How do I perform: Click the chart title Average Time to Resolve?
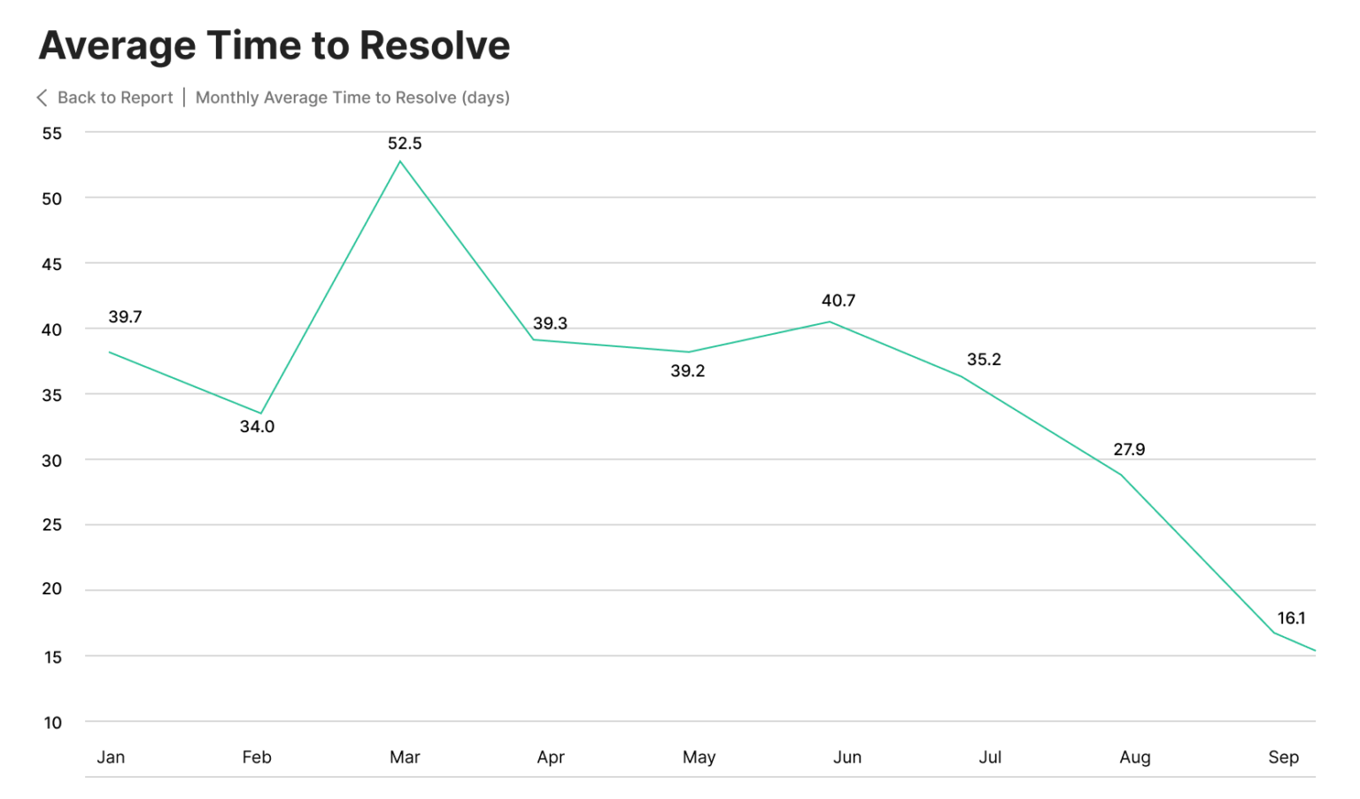pos(274,45)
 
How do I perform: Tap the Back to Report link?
pos(115,97)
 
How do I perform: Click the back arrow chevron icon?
pos(42,97)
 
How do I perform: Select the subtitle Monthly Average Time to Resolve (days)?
pos(352,97)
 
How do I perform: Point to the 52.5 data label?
pos(405,144)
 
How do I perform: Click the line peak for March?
pos(400,161)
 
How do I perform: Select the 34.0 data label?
pos(257,426)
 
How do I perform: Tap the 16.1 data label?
pos(1291,618)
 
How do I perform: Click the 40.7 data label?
pos(838,300)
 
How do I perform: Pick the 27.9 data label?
pos(1129,449)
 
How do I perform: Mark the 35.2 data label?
pos(984,359)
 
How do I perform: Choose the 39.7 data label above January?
pos(125,316)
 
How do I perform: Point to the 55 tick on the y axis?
pos(52,133)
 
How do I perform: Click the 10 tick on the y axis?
pos(52,722)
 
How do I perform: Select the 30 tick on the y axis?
pos(52,460)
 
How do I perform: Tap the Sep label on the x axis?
pos(1283,756)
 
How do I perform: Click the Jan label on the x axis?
pos(111,756)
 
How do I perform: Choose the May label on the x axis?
pos(699,756)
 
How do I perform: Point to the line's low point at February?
pos(260,413)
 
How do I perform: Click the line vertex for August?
pos(1121,475)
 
